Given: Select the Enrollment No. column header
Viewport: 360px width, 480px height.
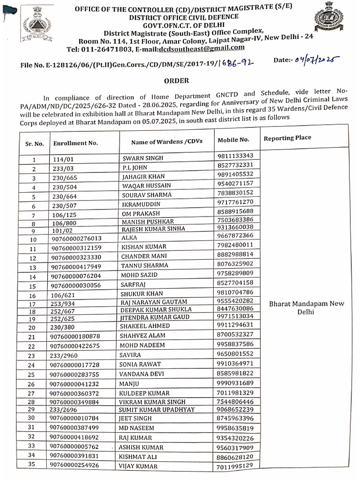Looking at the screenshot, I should click(75, 142).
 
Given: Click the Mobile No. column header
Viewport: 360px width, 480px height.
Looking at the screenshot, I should click(233, 140).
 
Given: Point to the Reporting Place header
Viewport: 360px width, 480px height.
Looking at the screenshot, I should click(288, 138).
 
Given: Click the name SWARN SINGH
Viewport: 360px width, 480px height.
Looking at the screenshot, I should click(143, 158).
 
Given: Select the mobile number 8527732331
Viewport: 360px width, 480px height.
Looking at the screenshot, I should click(236, 165).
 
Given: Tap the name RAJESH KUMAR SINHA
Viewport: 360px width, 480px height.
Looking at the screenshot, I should click(153, 229).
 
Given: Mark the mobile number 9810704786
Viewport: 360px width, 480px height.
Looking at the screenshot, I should click(236, 292).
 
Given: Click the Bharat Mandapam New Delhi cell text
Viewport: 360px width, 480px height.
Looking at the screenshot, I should click(306, 307).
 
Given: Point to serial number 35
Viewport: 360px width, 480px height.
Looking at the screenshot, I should click(32, 465).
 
